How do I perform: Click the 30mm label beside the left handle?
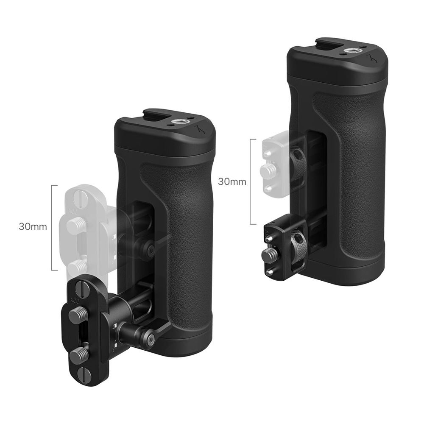pyautogui.click(x=33, y=226)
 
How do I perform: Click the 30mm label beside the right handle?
pyautogui.click(x=232, y=182)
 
